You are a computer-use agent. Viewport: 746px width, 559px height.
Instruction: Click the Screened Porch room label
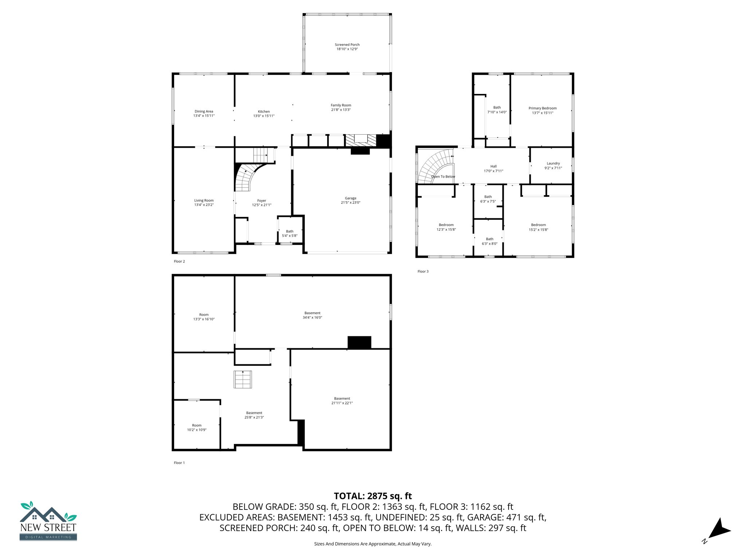(x=347, y=45)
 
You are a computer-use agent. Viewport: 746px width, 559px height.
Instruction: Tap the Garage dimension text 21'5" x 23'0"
(x=350, y=203)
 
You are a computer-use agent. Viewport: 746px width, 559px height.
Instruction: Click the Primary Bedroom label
(x=542, y=108)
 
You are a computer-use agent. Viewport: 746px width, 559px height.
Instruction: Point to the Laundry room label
(x=553, y=164)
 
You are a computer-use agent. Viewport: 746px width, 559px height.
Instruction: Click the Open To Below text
(x=443, y=177)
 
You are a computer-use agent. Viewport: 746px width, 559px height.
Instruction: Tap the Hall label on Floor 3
(x=493, y=166)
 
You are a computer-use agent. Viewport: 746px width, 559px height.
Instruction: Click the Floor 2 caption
(x=179, y=261)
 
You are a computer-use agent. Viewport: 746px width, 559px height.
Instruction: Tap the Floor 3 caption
(x=423, y=271)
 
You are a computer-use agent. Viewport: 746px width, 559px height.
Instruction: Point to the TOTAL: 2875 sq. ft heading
(x=373, y=496)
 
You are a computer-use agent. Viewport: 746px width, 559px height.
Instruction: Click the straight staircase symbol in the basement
(x=243, y=380)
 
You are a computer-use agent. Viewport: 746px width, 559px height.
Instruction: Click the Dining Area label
(x=204, y=112)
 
